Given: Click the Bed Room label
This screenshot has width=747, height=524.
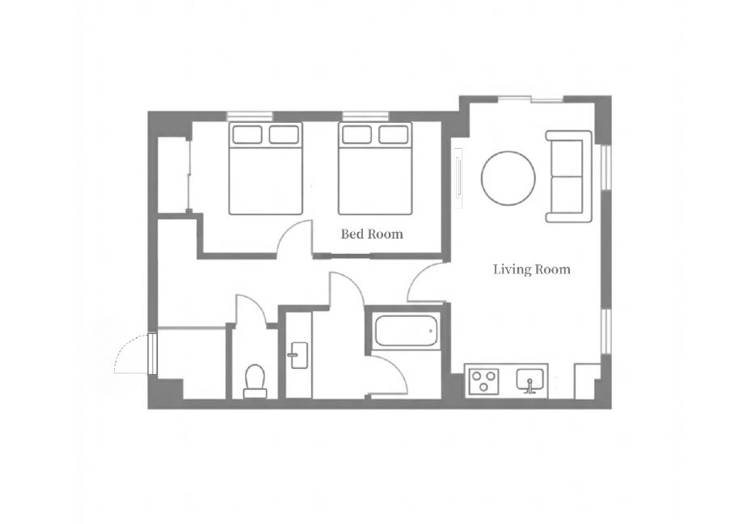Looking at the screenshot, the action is pos(372,234).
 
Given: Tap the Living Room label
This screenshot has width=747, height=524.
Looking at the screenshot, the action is pos(532,269).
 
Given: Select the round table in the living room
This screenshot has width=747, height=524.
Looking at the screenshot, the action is pos(509,178).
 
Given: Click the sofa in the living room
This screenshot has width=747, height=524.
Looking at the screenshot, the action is pos(569,176).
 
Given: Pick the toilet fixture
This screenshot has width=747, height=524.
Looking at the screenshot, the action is pos(255,382).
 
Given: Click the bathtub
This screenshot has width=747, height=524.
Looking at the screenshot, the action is pos(406,331).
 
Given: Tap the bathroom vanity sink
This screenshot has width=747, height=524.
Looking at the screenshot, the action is pos(299,355).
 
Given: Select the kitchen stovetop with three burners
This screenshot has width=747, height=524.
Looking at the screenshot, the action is pos(483,382).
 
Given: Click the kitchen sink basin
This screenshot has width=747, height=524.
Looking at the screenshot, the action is pos(530,381).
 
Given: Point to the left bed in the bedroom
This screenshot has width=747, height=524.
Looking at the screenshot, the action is pos(265,169).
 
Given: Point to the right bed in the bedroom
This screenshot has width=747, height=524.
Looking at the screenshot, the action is pos(375,169).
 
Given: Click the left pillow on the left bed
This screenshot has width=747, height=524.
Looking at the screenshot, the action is pos(247,135).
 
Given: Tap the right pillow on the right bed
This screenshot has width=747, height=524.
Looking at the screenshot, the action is pos(394,135).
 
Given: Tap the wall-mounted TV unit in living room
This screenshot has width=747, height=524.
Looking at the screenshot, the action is pos(458,178).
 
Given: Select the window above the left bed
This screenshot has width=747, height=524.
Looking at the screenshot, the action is pos(250,116).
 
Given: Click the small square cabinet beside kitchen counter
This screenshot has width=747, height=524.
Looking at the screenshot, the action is pos(587,381).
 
